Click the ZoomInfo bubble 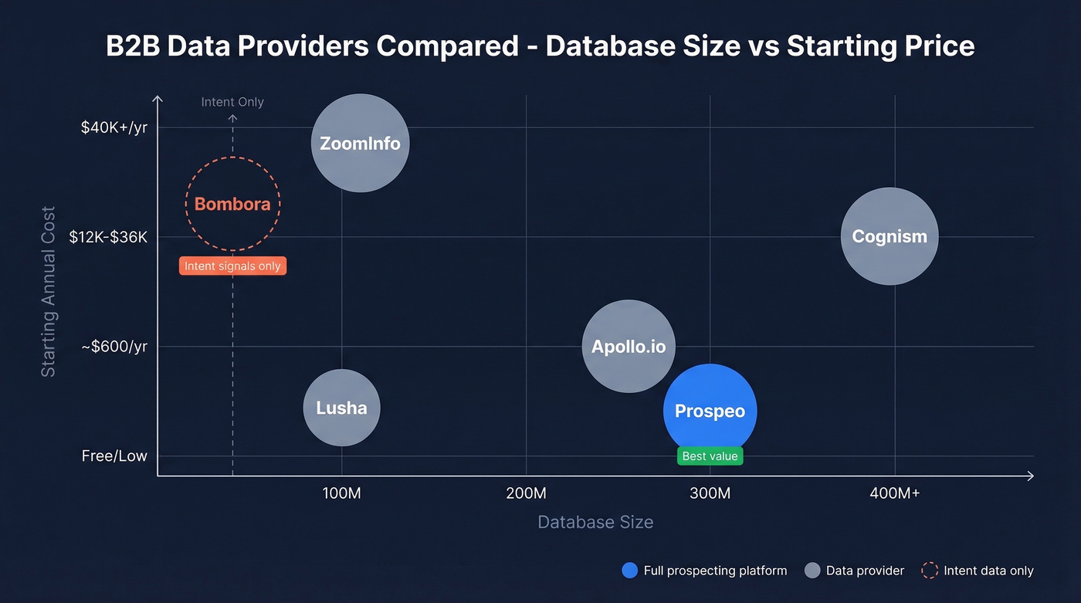point(360,143)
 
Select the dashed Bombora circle point(232,204)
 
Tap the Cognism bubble point(890,236)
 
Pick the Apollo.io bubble point(629,346)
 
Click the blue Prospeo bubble point(710,411)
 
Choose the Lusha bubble point(341,408)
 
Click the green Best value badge point(710,456)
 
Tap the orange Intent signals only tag point(232,266)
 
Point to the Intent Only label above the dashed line point(232,102)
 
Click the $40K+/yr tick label point(114,127)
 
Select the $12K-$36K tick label point(108,237)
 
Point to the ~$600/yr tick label point(114,346)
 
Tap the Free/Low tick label point(114,456)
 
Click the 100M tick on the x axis point(341,493)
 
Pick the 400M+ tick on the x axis point(894,493)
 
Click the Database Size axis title point(595,522)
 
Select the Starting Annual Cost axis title point(49,291)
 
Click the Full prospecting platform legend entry point(704,571)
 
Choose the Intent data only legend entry point(978,571)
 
